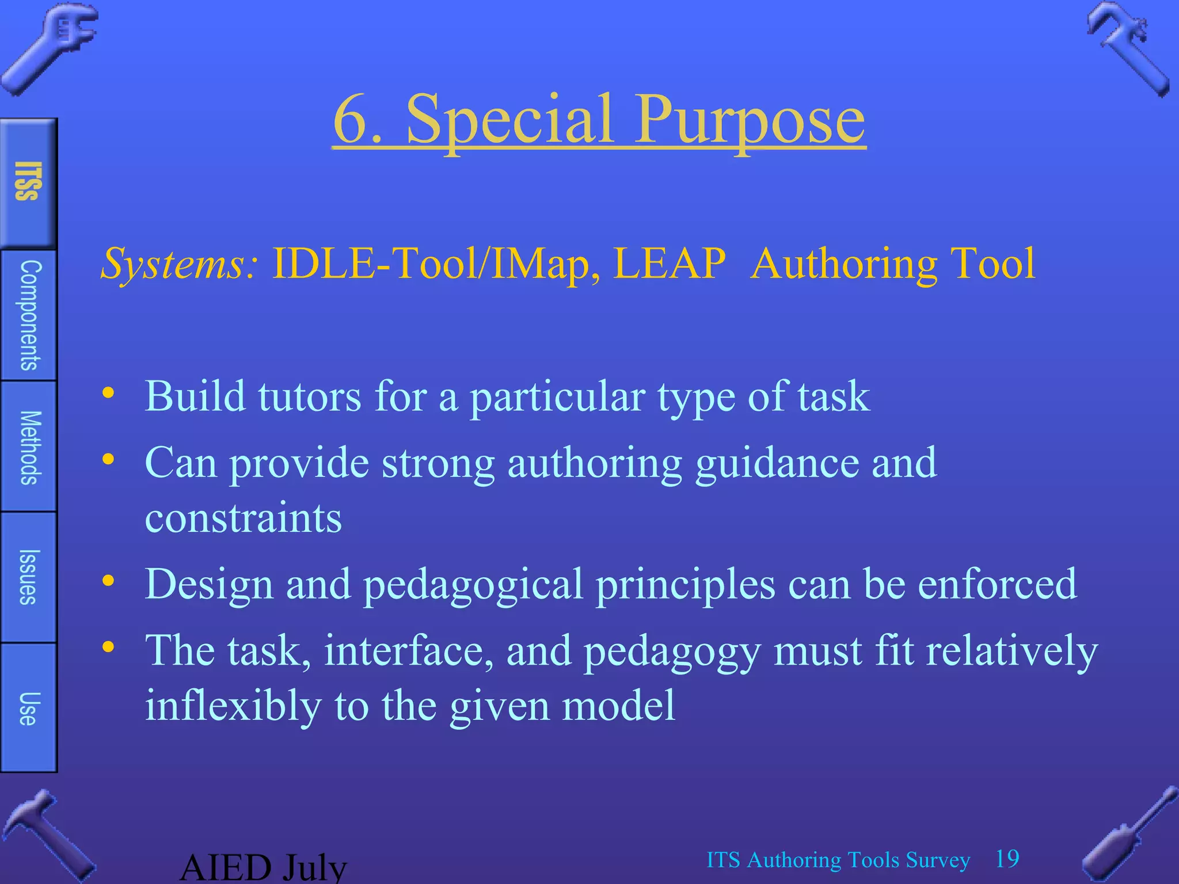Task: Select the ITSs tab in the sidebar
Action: (28, 182)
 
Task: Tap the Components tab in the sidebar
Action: (29, 315)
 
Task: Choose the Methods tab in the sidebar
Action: (29, 447)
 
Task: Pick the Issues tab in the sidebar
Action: (29, 577)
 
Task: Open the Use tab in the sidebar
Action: (29, 708)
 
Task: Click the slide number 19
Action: (1007, 859)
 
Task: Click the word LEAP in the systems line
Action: (669, 264)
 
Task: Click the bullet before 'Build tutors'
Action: (108, 394)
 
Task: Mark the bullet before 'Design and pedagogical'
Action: (108, 581)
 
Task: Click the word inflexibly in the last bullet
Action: (233, 706)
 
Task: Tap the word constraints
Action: (243, 517)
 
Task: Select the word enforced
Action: (997, 584)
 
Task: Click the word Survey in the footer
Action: (937, 860)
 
